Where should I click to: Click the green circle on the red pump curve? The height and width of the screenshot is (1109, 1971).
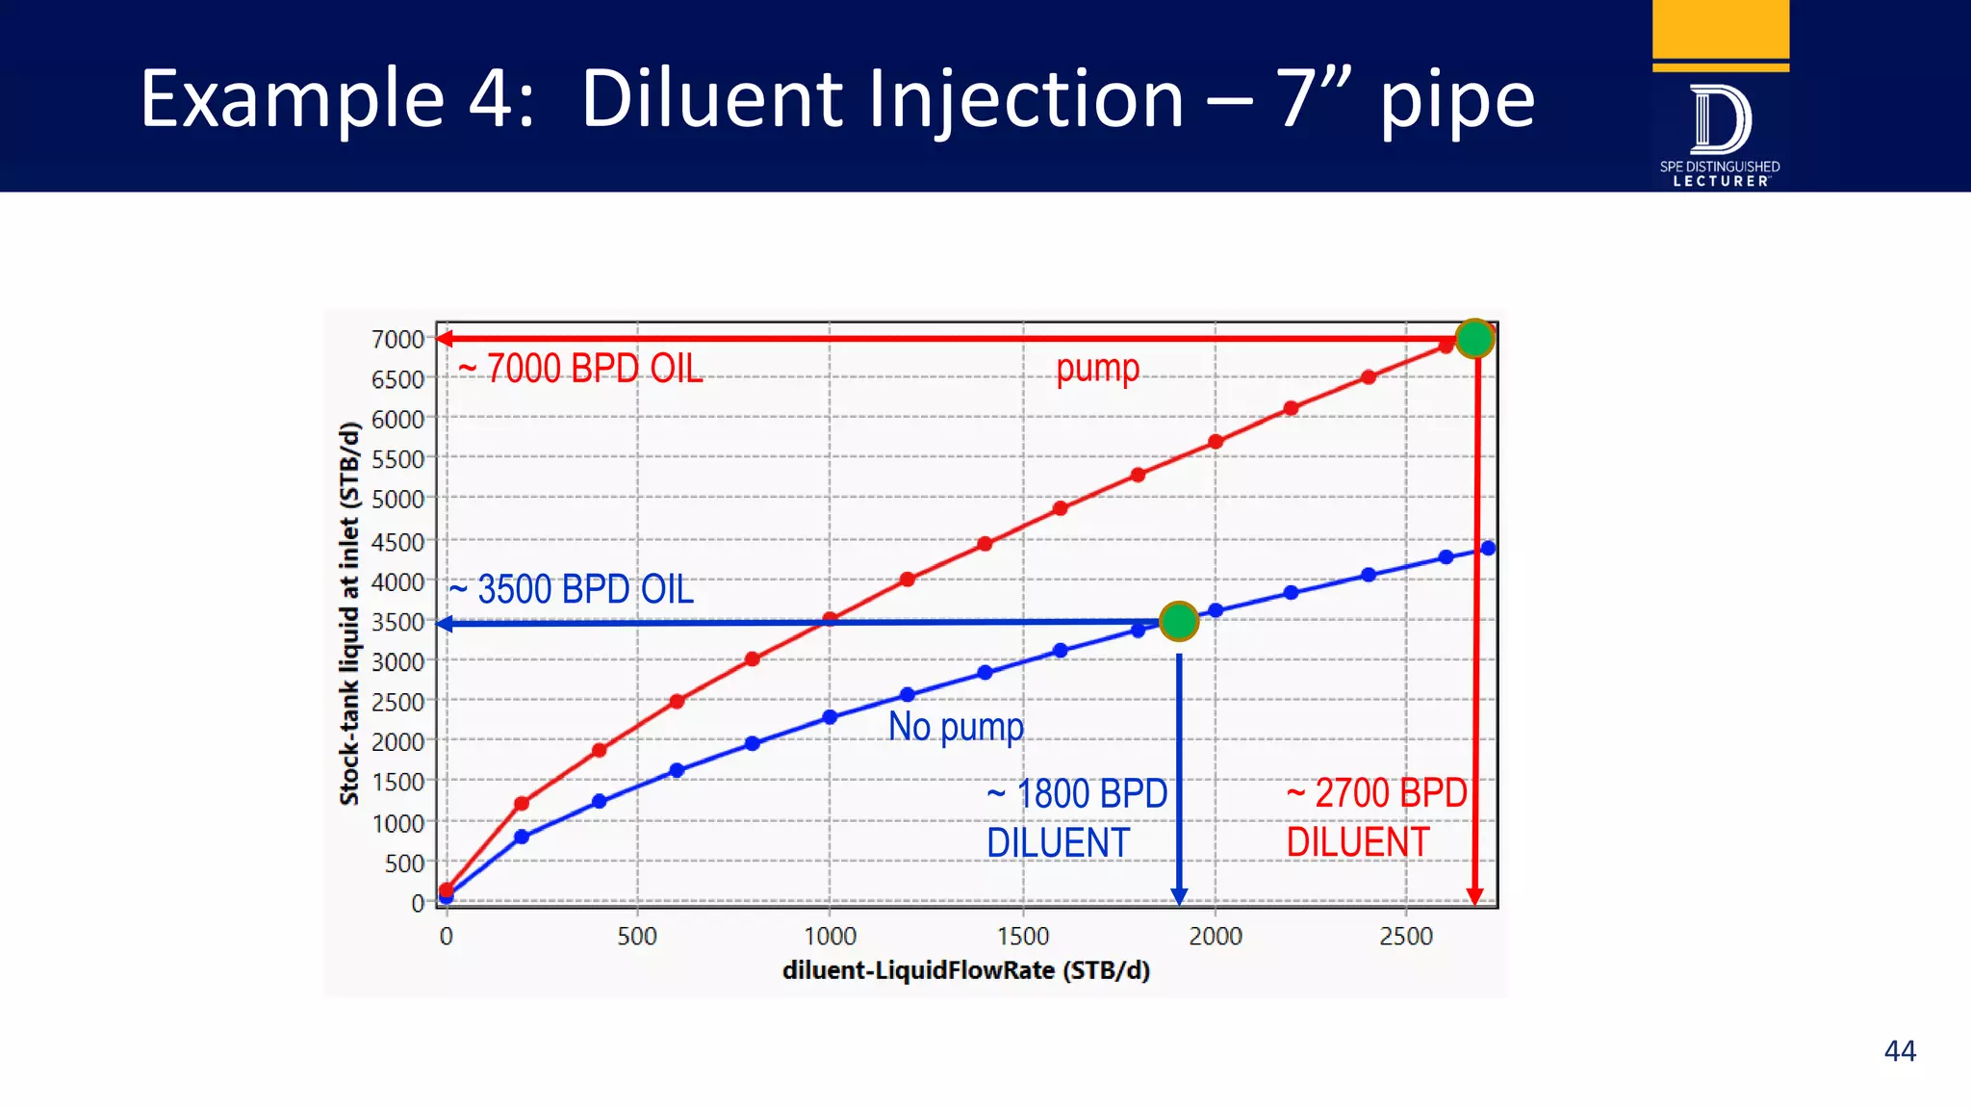click(1474, 338)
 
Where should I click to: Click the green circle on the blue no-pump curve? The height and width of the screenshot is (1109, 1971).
click(1179, 621)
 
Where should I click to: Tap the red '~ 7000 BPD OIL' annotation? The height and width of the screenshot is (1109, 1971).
click(580, 369)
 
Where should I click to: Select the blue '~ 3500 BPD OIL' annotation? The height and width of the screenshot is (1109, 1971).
click(572, 589)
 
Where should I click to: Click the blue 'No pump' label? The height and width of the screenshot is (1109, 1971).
click(956, 727)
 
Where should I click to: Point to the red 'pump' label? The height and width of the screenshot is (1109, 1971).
click(1097, 368)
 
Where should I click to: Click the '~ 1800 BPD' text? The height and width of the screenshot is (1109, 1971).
click(1077, 794)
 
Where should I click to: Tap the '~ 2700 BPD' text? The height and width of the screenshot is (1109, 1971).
click(1377, 793)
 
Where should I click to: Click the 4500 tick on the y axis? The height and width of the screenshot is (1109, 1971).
click(397, 542)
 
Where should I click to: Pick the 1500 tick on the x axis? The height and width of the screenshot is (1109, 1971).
click(1022, 936)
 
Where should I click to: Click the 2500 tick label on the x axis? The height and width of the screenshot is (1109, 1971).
click(1406, 936)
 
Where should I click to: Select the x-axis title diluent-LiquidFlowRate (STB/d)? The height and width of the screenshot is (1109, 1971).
click(966, 970)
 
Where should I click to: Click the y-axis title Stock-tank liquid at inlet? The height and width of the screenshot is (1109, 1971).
click(349, 613)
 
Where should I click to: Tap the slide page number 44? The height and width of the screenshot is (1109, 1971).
click(1900, 1050)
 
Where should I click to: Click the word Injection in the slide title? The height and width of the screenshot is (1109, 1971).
click(1027, 99)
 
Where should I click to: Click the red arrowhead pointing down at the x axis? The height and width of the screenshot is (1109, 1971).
click(1474, 896)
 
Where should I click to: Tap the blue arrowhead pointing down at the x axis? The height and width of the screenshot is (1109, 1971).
click(1179, 896)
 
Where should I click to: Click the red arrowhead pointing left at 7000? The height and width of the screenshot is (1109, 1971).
click(445, 338)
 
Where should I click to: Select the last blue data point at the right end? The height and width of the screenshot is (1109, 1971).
click(1488, 548)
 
